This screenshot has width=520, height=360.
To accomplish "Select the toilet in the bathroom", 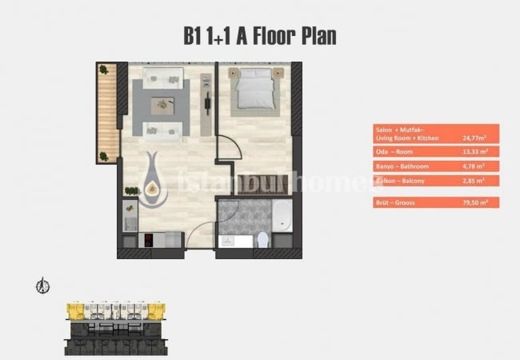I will click(x=263, y=238).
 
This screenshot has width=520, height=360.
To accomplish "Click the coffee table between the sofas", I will click(x=166, y=102).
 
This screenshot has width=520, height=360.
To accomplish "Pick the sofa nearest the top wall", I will click(x=165, y=78).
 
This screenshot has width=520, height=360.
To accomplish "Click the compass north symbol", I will click(x=45, y=286).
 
